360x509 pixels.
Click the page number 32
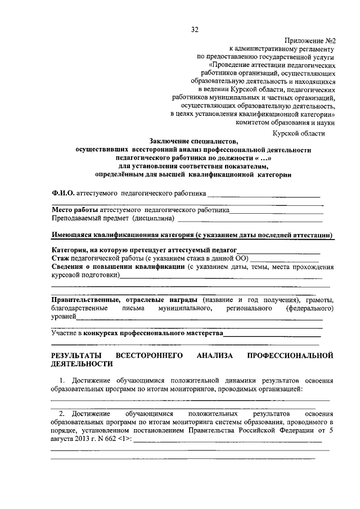coord(195,29)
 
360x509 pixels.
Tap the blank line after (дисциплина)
coord(250,219)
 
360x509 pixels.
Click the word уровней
coord(63,317)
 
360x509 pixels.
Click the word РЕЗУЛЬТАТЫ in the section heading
coord(76,356)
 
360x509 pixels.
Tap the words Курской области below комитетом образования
coord(298,133)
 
